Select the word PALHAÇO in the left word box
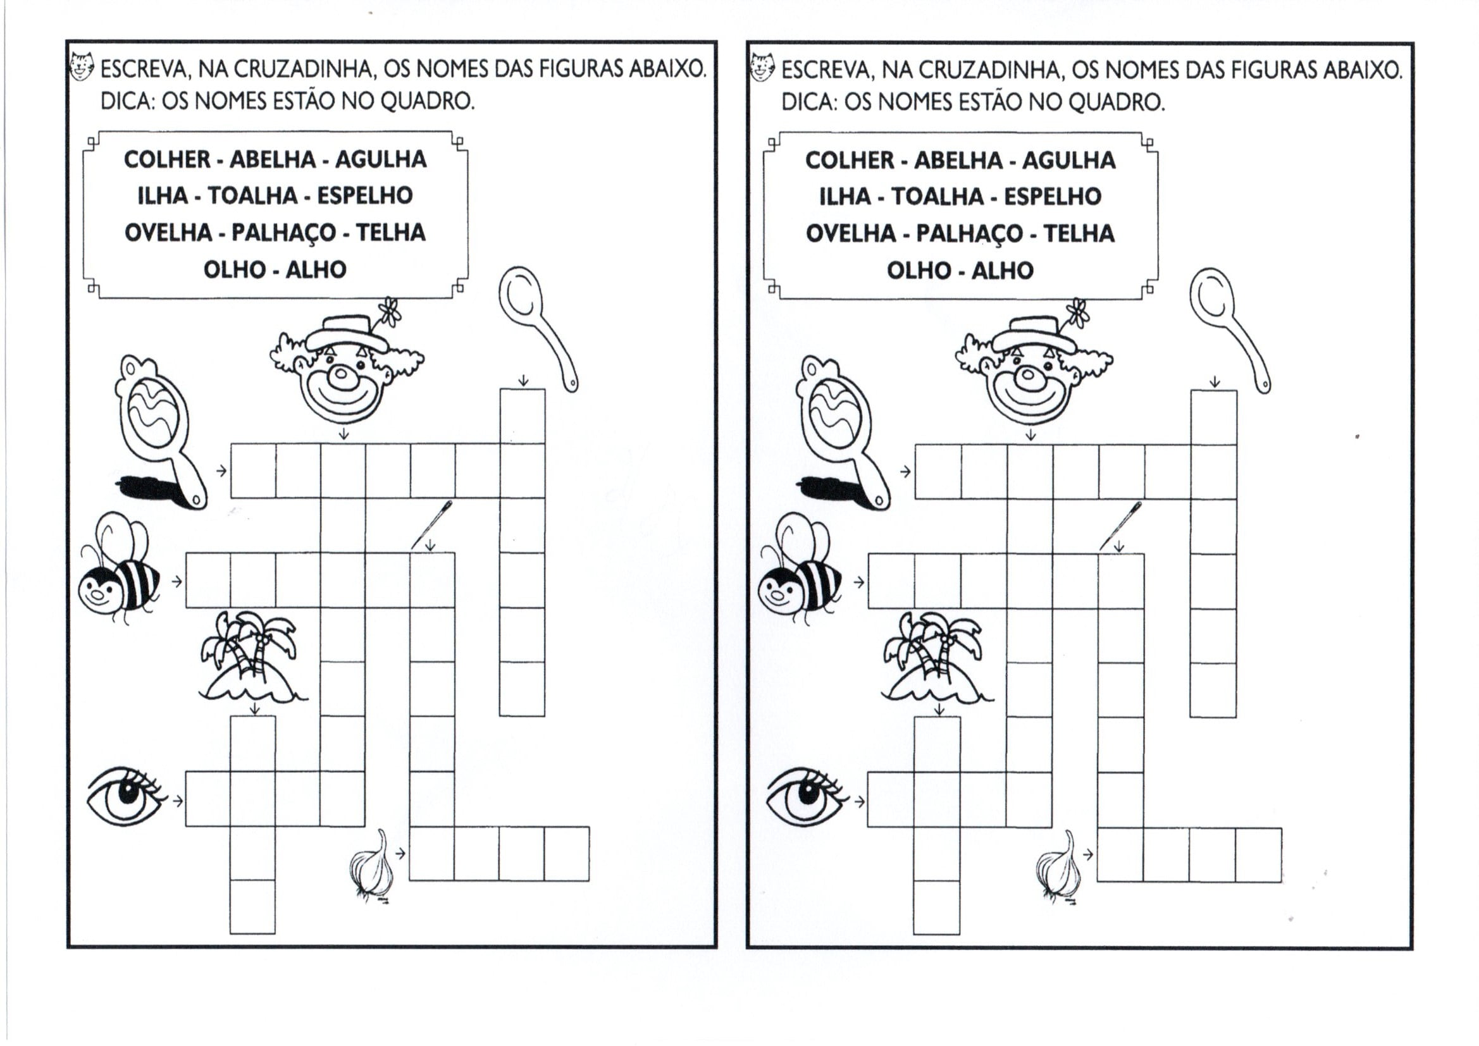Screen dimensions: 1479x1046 pos(283,233)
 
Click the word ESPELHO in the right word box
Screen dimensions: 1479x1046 pos(1053,197)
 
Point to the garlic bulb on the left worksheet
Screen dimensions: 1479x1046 pos(373,866)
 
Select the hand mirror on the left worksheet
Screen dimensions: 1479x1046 pos(161,431)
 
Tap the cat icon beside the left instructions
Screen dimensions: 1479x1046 pos(82,66)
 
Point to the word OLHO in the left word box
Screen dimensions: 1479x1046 pos(235,269)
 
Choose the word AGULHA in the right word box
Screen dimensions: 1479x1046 pos(1068,161)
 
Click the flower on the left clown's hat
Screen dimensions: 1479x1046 pos(389,312)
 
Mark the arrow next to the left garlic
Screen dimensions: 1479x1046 pos(400,854)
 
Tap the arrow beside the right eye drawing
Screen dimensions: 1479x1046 pos(859,802)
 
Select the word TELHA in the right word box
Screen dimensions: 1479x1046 pos(1079,233)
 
